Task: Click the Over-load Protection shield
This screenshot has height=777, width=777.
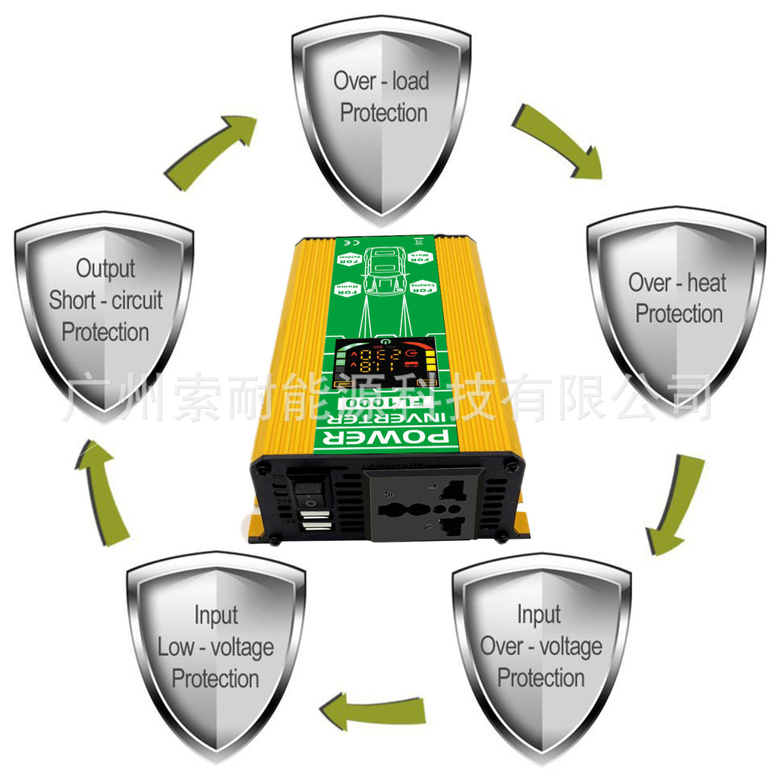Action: click(382, 114)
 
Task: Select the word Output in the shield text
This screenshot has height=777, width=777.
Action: click(105, 268)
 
